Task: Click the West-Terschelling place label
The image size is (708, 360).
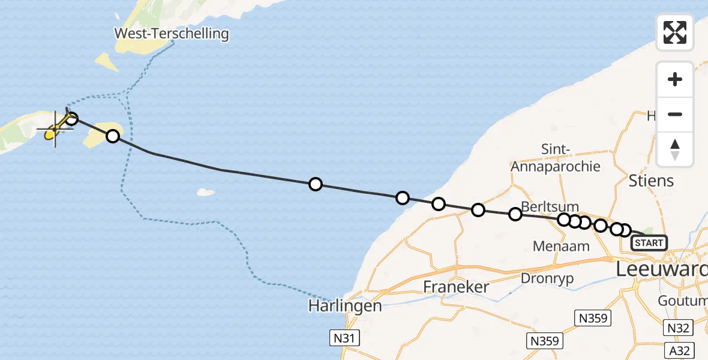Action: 172,34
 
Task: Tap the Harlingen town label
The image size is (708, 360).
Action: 345,306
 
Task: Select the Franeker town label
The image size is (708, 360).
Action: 457,287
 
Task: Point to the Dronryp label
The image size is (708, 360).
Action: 547,278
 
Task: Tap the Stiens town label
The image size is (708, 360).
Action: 651,181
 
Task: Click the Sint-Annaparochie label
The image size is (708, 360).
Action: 556,158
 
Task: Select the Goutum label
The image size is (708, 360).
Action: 682,300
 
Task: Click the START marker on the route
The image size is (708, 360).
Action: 649,243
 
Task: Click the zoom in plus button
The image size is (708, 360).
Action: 675,79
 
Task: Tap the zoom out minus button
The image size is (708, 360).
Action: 675,115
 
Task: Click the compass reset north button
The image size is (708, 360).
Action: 675,149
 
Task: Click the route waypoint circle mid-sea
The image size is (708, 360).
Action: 315,184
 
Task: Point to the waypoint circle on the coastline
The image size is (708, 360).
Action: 403,198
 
